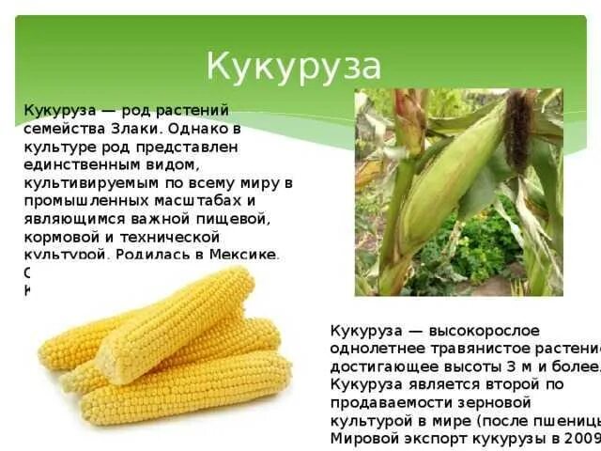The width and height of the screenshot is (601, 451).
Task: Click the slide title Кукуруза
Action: [x=294, y=67]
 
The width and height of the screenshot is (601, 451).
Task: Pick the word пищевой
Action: [x=241, y=218]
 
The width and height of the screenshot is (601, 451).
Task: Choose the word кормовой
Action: [x=58, y=236]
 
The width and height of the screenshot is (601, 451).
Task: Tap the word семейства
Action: [x=56, y=128]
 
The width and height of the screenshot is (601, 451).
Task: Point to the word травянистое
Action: [x=466, y=349]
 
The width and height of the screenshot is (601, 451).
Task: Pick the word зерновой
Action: [x=475, y=402]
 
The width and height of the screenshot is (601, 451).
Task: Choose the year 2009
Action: [x=582, y=438]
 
